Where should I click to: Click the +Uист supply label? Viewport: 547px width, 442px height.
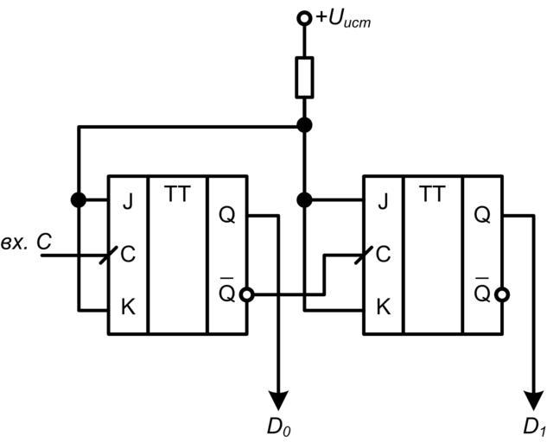pos(343,18)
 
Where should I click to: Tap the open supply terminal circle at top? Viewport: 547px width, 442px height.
pos(303,17)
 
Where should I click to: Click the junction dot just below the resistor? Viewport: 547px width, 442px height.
pos(303,126)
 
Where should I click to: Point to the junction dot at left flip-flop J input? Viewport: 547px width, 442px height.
pos(79,200)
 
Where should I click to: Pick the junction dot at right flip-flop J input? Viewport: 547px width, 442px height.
pos(303,200)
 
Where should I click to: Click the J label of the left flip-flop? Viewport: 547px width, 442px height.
pos(128,204)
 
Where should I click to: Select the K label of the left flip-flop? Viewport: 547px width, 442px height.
pos(128,307)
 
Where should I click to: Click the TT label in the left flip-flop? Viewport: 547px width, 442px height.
pos(177,194)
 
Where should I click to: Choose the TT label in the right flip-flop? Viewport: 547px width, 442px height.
pos(432,194)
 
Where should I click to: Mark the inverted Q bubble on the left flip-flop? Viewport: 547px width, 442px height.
pos(248,294)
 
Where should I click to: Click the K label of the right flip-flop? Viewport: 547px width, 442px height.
pos(384,307)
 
